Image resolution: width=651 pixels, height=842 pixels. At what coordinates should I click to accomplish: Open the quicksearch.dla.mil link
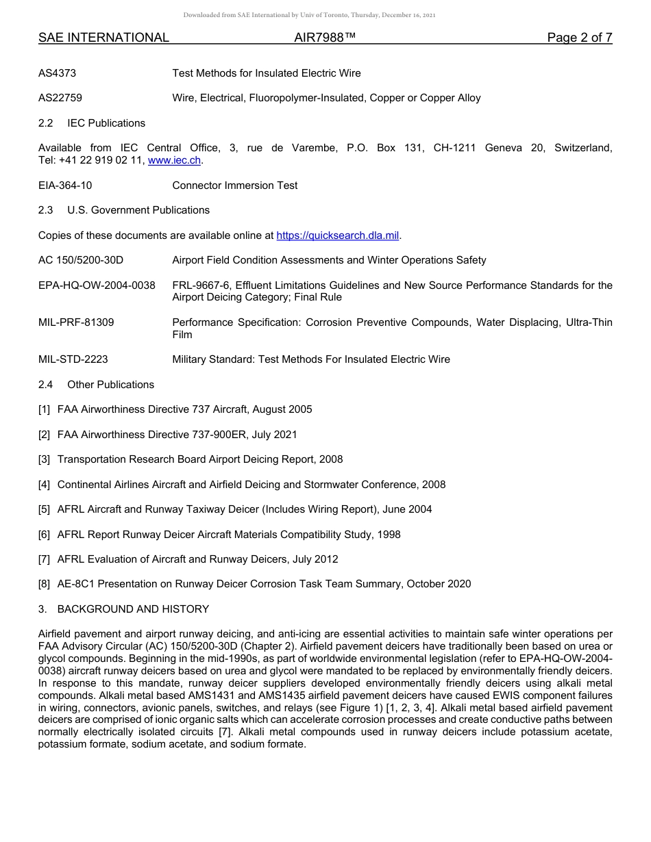pos(337,235)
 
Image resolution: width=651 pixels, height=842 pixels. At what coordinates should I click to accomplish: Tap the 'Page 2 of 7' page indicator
pos(579,38)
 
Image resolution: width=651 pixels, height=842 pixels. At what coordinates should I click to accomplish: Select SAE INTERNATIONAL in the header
pos(103,38)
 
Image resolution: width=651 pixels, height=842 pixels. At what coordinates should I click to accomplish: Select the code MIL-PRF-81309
pos(76,322)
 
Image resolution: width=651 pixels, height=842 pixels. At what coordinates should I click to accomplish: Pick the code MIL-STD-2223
pos(73,359)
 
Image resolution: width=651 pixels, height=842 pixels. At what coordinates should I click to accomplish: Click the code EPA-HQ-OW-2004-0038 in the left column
pos(97,285)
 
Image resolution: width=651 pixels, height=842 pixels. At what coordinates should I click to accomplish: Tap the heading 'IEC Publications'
pos(106,123)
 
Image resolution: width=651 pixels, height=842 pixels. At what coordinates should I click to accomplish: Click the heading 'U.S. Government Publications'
pos(138,210)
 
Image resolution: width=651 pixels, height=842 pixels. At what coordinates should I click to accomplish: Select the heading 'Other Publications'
pos(110,385)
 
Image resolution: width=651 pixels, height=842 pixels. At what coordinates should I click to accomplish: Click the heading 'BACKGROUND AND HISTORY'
pos(133,609)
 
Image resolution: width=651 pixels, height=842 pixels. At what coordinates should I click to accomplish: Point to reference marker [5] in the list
pos(45,509)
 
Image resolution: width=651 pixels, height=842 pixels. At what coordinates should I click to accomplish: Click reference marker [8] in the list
pos(45,584)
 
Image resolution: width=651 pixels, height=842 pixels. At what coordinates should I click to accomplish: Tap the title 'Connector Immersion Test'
pos(235,186)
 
